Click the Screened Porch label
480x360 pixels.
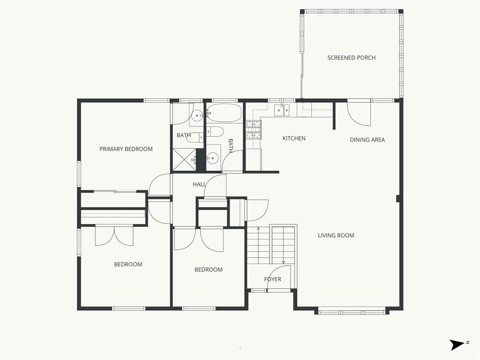pyautogui.click(x=352, y=58)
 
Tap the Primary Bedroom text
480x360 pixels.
pyautogui.click(x=126, y=149)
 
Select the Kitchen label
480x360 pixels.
pyautogui.click(x=294, y=138)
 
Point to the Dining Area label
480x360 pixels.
pyautogui.click(x=367, y=140)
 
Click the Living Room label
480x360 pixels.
pyautogui.click(x=336, y=235)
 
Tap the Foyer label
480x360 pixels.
pyautogui.click(x=272, y=279)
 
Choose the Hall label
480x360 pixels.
pyautogui.click(x=199, y=184)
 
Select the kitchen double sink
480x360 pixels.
pyautogui.click(x=282, y=110)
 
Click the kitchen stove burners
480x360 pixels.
pyautogui.click(x=254, y=130)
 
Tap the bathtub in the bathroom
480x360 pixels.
pyautogui.click(x=225, y=113)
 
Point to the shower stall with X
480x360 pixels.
pyautogui.click(x=184, y=159)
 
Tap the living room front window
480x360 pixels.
pyautogui.click(x=352, y=312)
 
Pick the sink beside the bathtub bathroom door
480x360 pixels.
pyautogui.click(x=212, y=158)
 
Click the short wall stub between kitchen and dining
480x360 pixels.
pyautogui.click(x=335, y=116)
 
